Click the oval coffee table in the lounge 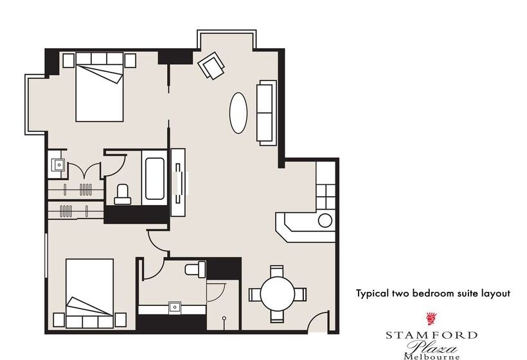tap(238, 113)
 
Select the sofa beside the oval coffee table tap(267, 112)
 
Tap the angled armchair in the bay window tap(211, 66)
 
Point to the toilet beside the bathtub tap(123, 194)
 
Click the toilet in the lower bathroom tap(195, 268)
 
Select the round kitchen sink tap(325, 221)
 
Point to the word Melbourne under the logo tap(432, 356)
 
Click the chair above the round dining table tap(277, 271)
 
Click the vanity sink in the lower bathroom tap(174, 307)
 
